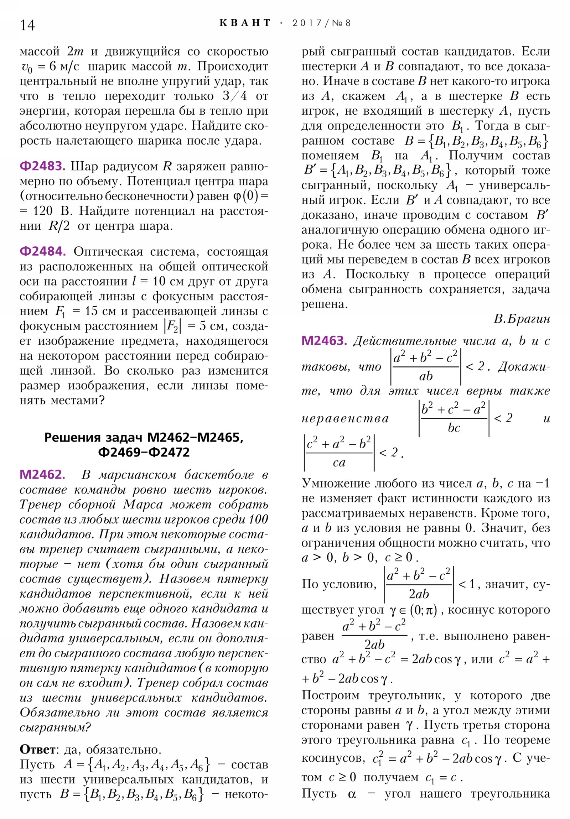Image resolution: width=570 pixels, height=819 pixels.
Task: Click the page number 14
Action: pos(27,25)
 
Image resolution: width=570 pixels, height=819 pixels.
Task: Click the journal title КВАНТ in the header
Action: pos(245,23)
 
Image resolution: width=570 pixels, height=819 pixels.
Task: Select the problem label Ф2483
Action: pos(42,166)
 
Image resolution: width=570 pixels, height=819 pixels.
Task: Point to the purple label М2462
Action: pos(42,474)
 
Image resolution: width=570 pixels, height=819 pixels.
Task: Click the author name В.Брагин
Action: pos(522,319)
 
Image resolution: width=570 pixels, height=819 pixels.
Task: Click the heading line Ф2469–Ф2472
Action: pos(144,452)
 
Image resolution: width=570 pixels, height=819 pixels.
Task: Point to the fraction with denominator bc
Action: pos(453,418)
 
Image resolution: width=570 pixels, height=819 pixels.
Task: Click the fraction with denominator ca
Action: pos(339,453)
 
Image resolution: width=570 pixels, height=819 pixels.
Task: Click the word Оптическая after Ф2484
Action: pos(108,251)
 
